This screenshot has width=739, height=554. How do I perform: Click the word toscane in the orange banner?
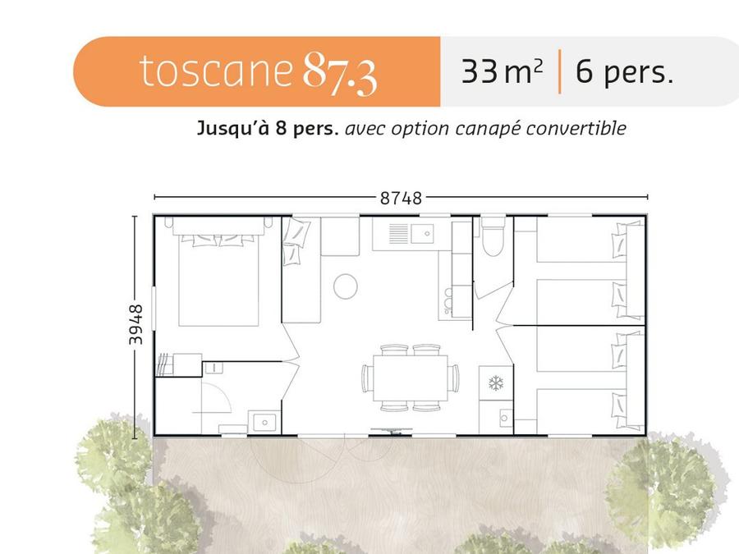tap(216, 71)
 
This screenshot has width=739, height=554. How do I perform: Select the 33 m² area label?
tap(502, 71)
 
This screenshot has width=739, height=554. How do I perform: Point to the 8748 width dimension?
tap(401, 199)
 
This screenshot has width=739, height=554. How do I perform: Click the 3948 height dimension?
tap(135, 324)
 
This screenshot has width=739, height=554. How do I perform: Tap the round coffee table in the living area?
tap(346, 286)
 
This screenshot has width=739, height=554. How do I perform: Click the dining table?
tap(411, 378)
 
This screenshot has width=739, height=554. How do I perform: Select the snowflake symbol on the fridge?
tap(496, 383)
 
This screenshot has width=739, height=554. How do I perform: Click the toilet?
tap(493, 236)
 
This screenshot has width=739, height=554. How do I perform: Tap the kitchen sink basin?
tap(422, 234)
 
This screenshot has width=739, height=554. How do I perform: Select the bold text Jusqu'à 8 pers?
tap(268, 128)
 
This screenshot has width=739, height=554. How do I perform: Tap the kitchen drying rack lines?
tap(398, 234)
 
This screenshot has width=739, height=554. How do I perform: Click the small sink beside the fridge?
tap(504, 418)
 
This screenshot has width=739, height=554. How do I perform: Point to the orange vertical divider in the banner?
tap(559, 71)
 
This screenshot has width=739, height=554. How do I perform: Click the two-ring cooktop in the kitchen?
tap(448, 300)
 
